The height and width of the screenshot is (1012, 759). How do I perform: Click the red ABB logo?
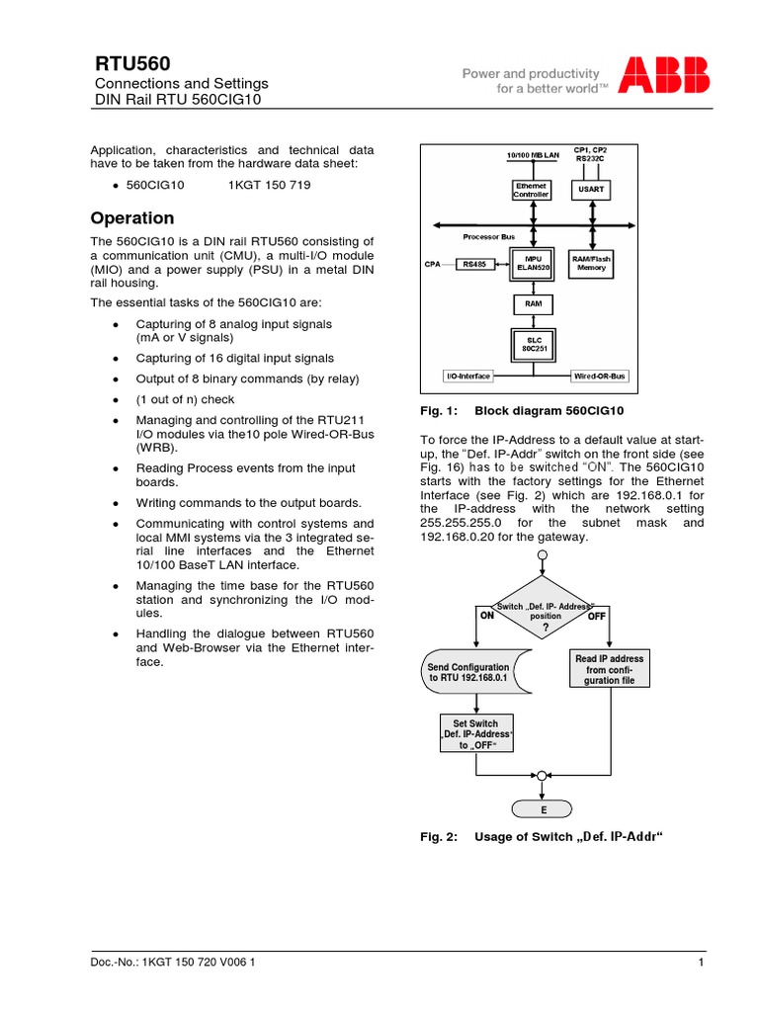664,77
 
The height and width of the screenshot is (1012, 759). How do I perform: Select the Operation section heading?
132,218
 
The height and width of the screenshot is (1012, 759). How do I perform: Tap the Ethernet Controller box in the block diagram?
531,190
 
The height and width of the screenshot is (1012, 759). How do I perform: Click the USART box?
591,188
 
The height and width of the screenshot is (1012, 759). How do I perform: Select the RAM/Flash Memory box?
591,264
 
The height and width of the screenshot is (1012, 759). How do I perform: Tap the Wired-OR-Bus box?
601,377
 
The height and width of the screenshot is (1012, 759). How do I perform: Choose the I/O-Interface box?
467,377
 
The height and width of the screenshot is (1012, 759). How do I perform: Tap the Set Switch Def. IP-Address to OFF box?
476,734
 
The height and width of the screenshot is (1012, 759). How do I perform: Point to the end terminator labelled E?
542,809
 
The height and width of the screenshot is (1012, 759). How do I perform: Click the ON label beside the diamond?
486,615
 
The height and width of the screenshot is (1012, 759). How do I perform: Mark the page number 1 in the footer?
700,963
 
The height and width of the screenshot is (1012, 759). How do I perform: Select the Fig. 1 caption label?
439,410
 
